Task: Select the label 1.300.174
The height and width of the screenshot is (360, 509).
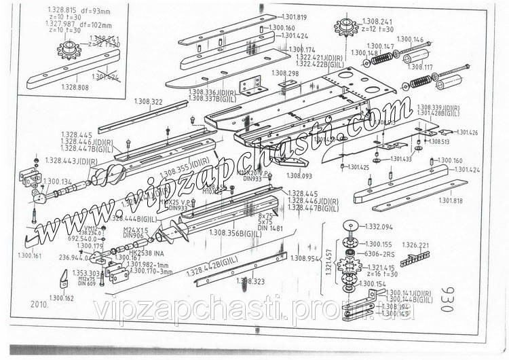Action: [302, 50]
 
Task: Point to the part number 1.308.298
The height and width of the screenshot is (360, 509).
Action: [285, 73]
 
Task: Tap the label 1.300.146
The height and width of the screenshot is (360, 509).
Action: [409, 39]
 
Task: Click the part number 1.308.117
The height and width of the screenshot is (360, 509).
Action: [419, 67]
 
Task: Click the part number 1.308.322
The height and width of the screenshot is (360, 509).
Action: [148, 102]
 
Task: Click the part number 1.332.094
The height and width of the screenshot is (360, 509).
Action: [379, 226]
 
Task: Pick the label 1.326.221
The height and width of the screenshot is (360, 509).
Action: [415, 245]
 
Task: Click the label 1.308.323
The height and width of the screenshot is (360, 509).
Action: [250, 280]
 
